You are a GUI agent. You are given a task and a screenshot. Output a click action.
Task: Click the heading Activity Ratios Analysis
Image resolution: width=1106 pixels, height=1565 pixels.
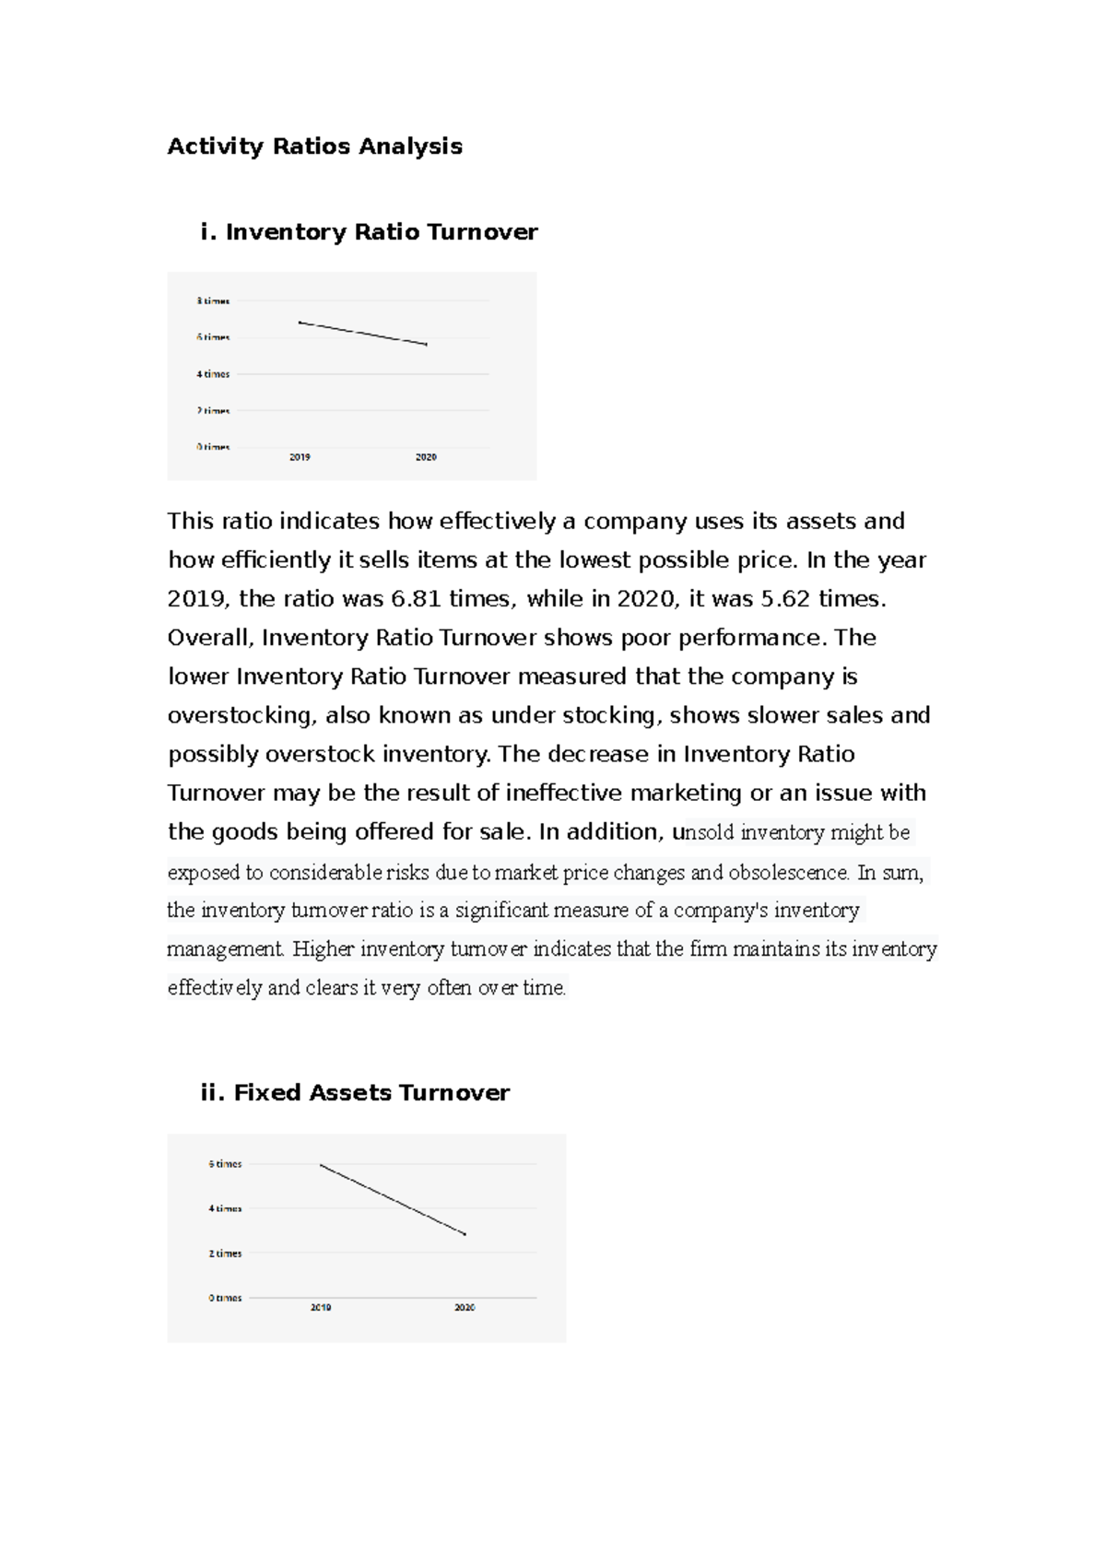[x=314, y=147]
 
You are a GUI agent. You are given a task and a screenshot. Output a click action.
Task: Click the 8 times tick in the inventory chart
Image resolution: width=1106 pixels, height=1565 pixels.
[x=213, y=301]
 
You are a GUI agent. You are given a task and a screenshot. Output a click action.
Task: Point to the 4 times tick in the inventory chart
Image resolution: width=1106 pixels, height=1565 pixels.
[x=213, y=374]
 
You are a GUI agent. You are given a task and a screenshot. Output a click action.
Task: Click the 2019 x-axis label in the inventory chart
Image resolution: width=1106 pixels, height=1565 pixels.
[x=300, y=457]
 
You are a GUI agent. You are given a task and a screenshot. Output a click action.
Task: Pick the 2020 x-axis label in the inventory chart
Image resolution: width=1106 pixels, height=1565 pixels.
[x=426, y=457]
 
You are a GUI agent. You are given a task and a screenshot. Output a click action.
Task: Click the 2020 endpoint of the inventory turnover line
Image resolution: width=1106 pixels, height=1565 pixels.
[x=426, y=345]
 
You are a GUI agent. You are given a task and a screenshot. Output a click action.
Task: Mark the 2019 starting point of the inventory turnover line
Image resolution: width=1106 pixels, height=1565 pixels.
[x=300, y=323]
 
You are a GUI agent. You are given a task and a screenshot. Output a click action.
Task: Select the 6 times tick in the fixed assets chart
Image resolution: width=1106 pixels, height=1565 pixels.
[x=225, y=1164]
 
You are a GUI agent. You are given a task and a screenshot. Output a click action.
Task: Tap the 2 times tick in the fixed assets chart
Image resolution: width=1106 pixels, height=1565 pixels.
[x=225, y=1253]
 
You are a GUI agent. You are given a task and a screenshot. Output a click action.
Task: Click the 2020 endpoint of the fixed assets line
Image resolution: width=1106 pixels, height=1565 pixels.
[x=465, y=1234]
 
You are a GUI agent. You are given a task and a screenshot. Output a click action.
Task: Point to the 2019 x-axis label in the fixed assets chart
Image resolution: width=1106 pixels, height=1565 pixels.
[x=321, y=1308]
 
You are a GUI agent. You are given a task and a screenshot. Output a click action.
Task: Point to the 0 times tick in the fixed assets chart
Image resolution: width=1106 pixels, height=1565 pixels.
[x=225, y=1298]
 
